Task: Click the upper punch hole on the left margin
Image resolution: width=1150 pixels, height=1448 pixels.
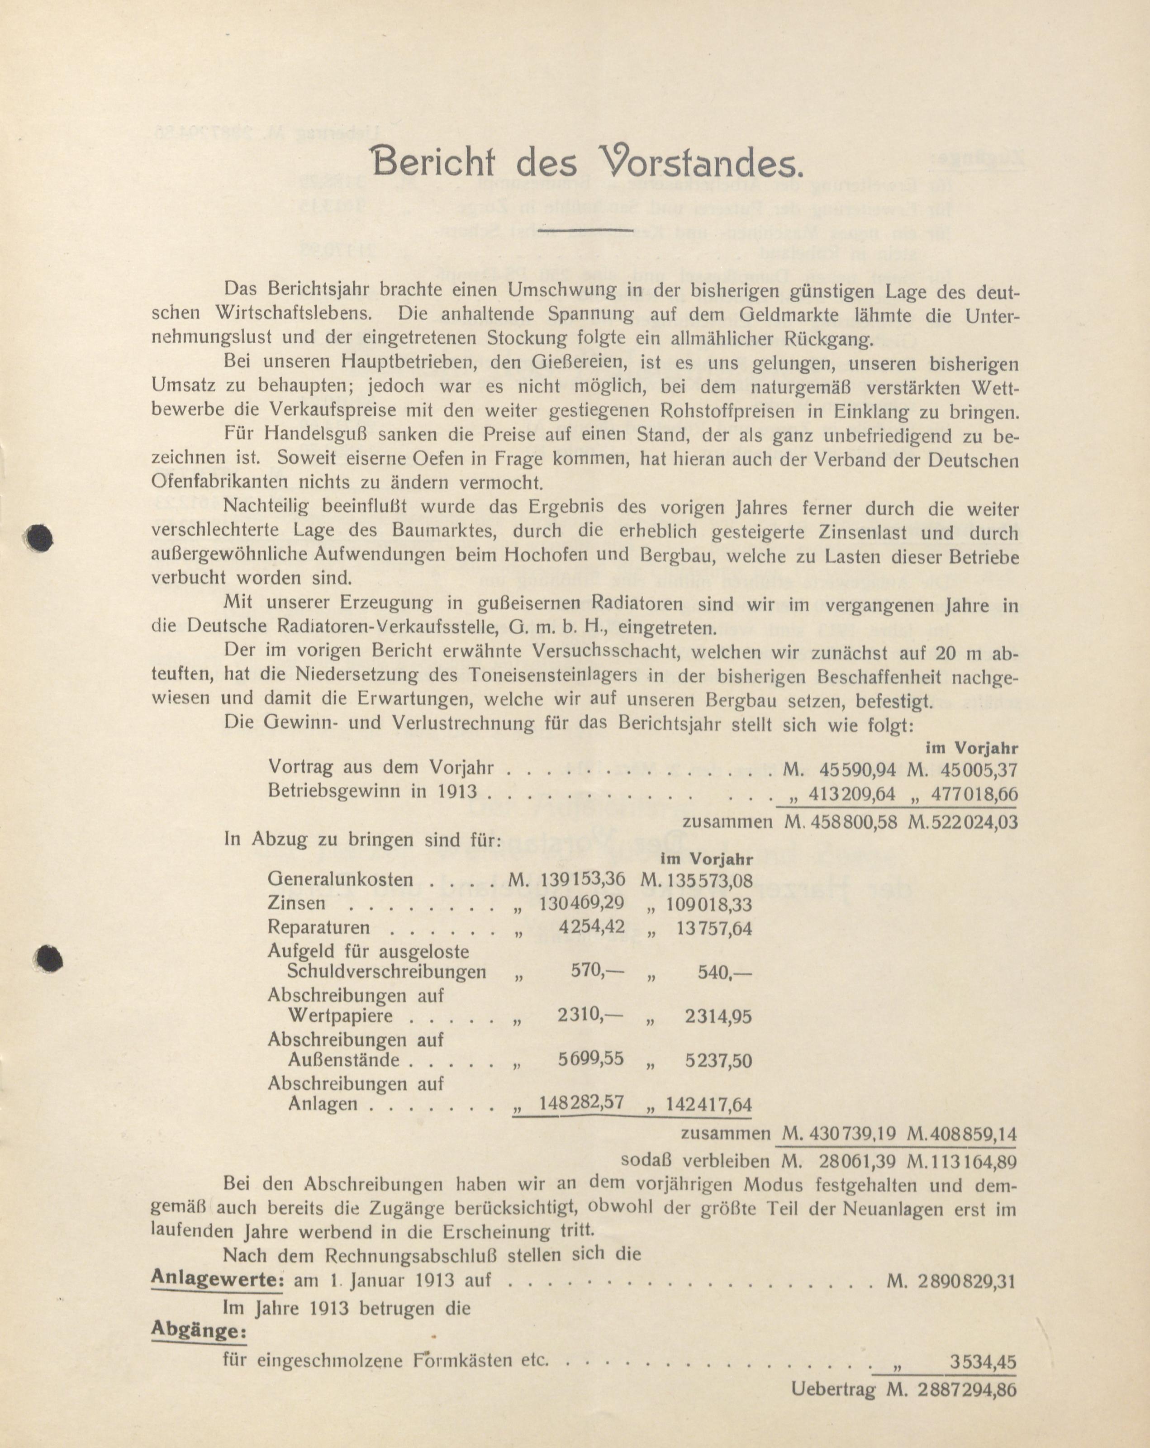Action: (x=39, y=537)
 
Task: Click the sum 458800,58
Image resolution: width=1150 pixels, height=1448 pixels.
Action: (x=852, y=821)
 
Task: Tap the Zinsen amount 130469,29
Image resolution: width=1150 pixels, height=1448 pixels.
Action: (x=581, y=903)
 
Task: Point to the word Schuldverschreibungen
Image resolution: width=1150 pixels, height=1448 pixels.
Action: (x=386, y=972)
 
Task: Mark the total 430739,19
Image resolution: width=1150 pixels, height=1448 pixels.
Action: (x=852, y=1135)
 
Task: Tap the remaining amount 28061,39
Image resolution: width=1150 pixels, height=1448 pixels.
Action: (x=859, y=1161)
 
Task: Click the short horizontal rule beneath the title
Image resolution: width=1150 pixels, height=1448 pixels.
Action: (x=586, y=230)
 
